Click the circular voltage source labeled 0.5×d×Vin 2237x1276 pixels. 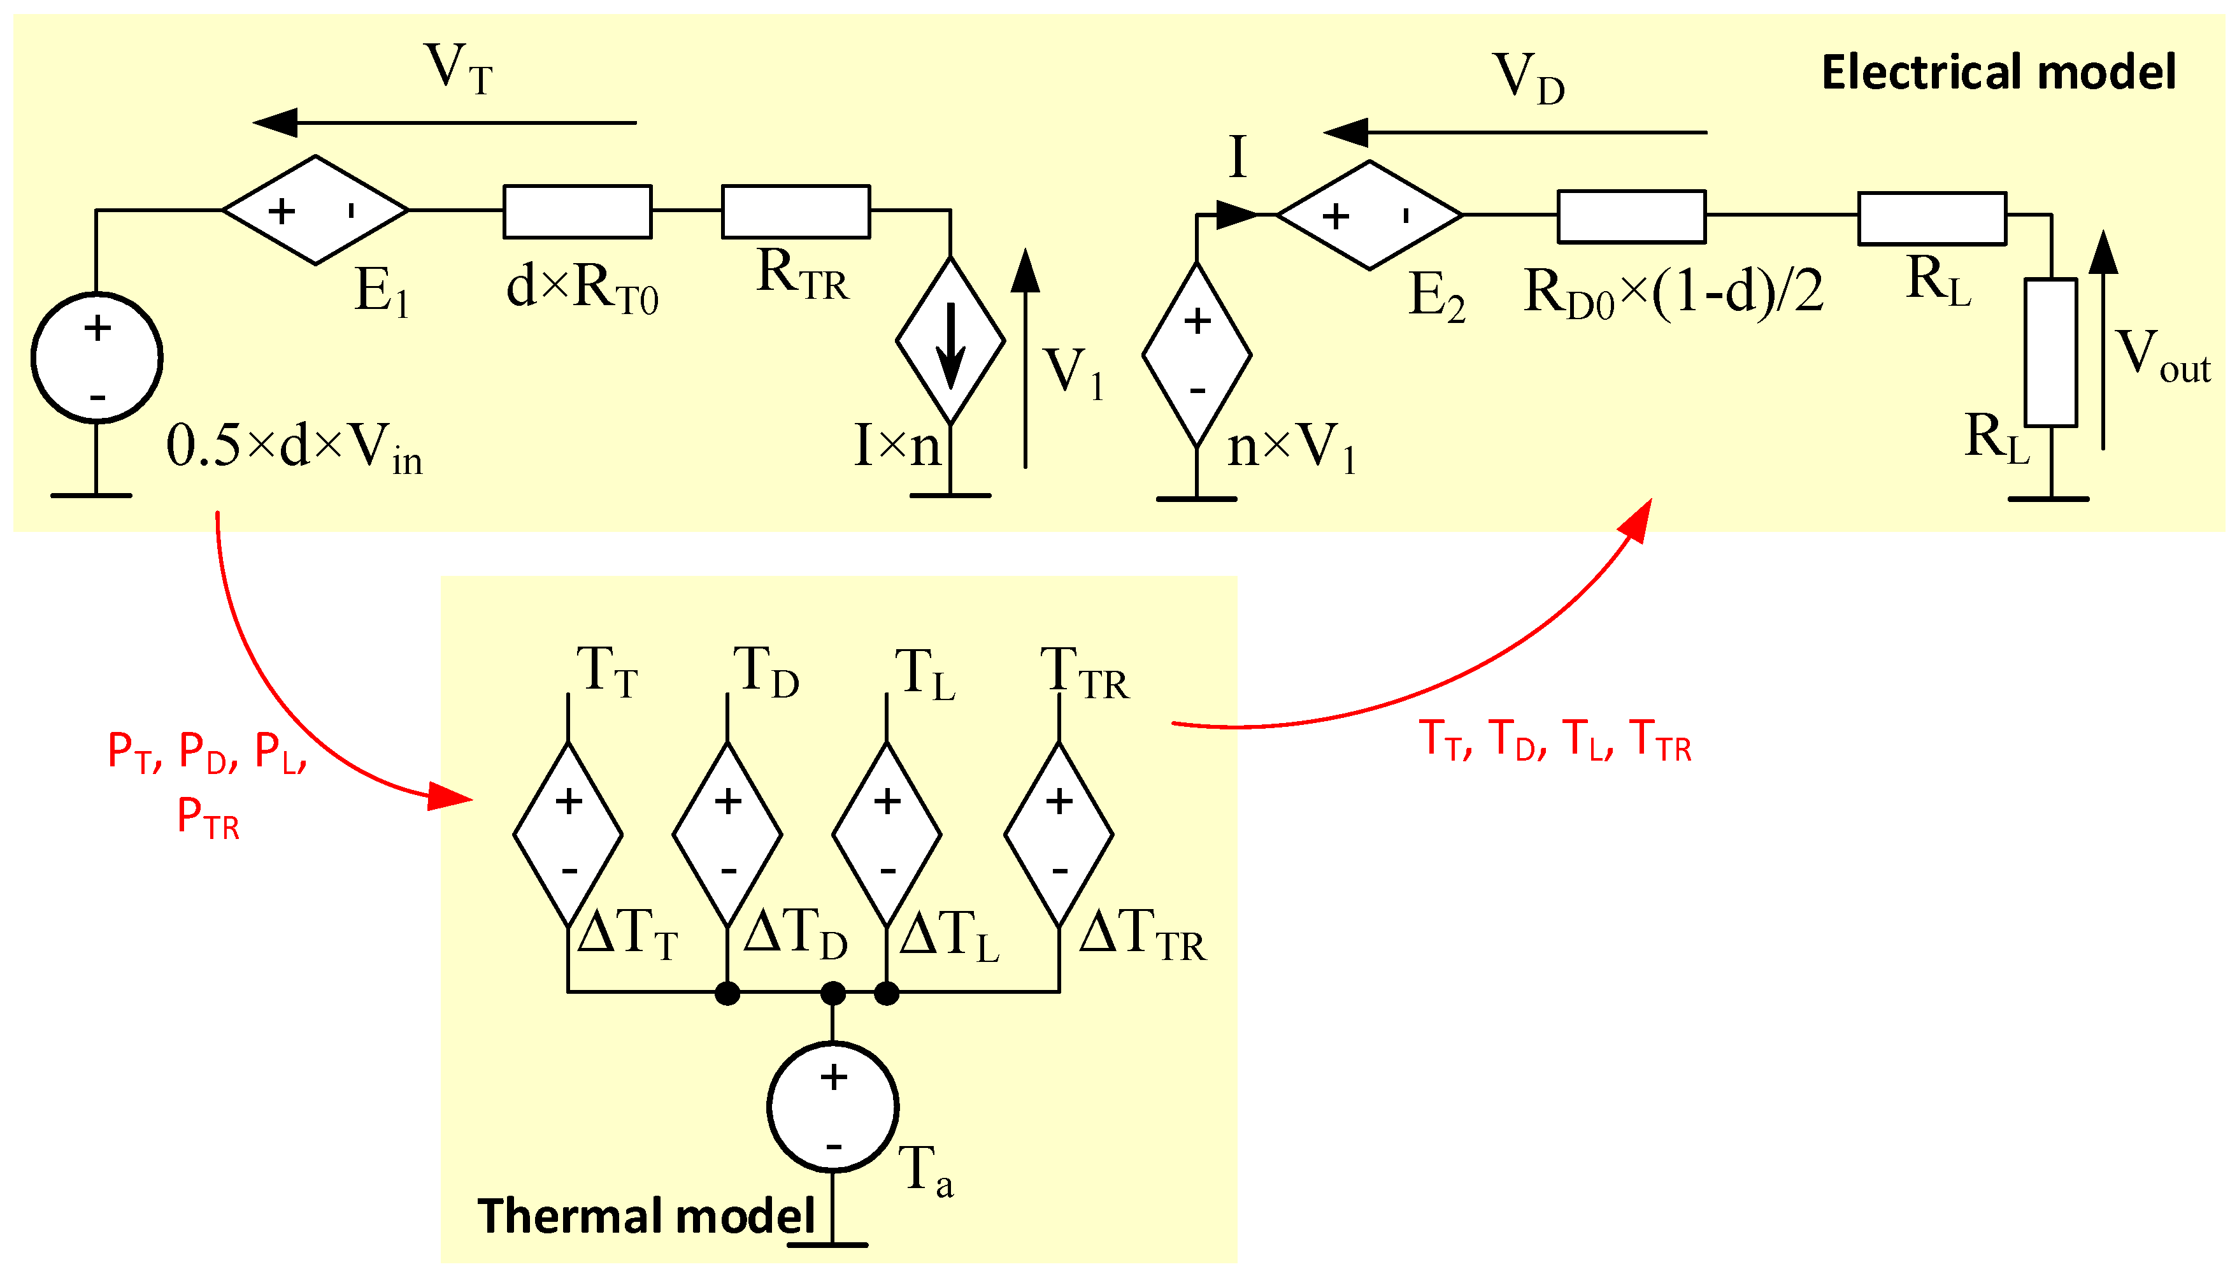point(96,357)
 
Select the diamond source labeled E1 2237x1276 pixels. point(315,210)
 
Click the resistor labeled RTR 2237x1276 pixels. point(795,211)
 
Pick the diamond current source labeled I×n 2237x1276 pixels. point(950,340)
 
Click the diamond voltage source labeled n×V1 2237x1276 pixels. point(1196,355)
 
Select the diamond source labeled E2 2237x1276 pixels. point(1369,215)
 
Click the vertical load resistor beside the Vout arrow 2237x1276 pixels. point(2050,352)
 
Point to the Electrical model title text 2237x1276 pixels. point(1998,72)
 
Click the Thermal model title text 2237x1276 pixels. point(646,1215)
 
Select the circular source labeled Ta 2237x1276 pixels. point(833,1107)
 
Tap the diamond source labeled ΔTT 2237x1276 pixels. point(568,835)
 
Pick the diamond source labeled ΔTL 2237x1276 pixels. point(886,835)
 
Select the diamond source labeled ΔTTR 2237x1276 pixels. point(1059,835)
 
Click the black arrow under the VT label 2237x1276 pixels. point(444,123)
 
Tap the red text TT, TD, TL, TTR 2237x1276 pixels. point(1554,740)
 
